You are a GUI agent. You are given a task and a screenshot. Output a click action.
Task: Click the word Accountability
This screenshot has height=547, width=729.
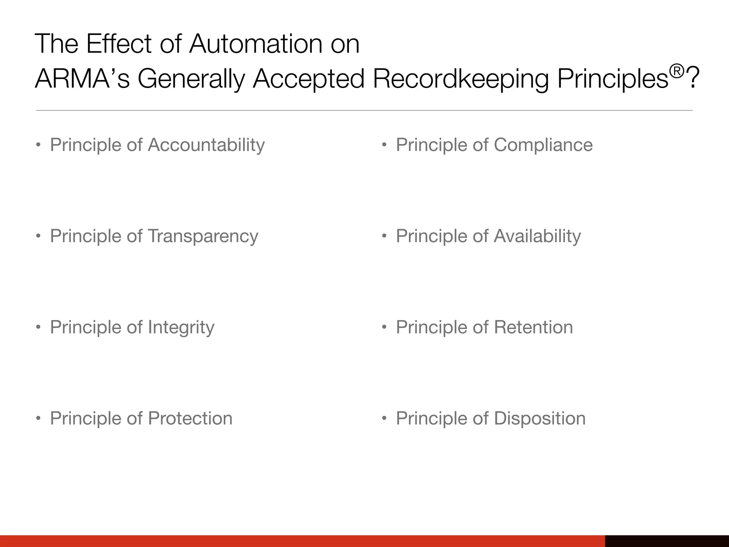click(206, 145)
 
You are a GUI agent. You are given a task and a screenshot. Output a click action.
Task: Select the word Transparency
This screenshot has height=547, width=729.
click(203, 236)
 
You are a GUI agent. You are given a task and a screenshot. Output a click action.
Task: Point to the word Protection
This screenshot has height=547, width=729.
click(190, 418)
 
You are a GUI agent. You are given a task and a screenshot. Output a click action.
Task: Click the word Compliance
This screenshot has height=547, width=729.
click(543, 145)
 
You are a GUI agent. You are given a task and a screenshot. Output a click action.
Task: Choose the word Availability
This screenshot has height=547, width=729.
click(537, 236)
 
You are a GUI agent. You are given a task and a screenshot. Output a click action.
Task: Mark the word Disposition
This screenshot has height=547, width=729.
click(540, 418)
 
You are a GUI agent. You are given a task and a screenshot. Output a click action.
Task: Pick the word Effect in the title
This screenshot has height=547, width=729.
click(119, 44)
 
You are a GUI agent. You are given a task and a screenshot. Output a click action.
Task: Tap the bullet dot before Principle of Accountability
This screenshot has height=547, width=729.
click(38, 145)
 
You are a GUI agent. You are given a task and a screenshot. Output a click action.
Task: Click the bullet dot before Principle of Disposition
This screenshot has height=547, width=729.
click(384, 418)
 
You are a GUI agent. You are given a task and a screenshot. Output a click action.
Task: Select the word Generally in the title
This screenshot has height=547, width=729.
click(191, 79)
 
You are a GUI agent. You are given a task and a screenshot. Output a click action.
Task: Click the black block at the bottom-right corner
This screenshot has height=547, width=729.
click(667, 541)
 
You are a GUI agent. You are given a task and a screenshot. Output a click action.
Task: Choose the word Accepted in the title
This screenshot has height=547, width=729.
click(309, 79)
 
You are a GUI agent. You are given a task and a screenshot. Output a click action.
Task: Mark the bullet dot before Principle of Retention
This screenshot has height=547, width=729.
click(384, 327)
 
